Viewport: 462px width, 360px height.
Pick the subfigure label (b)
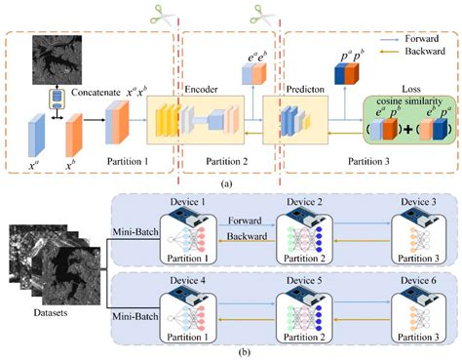pyautogui.click(x=228, y=352)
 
